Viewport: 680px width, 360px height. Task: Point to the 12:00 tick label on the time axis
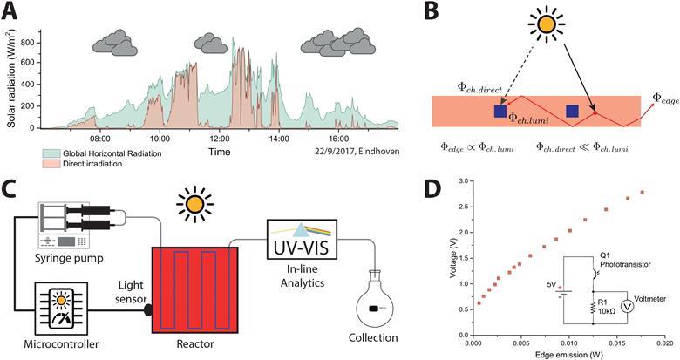pos(219,138)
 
